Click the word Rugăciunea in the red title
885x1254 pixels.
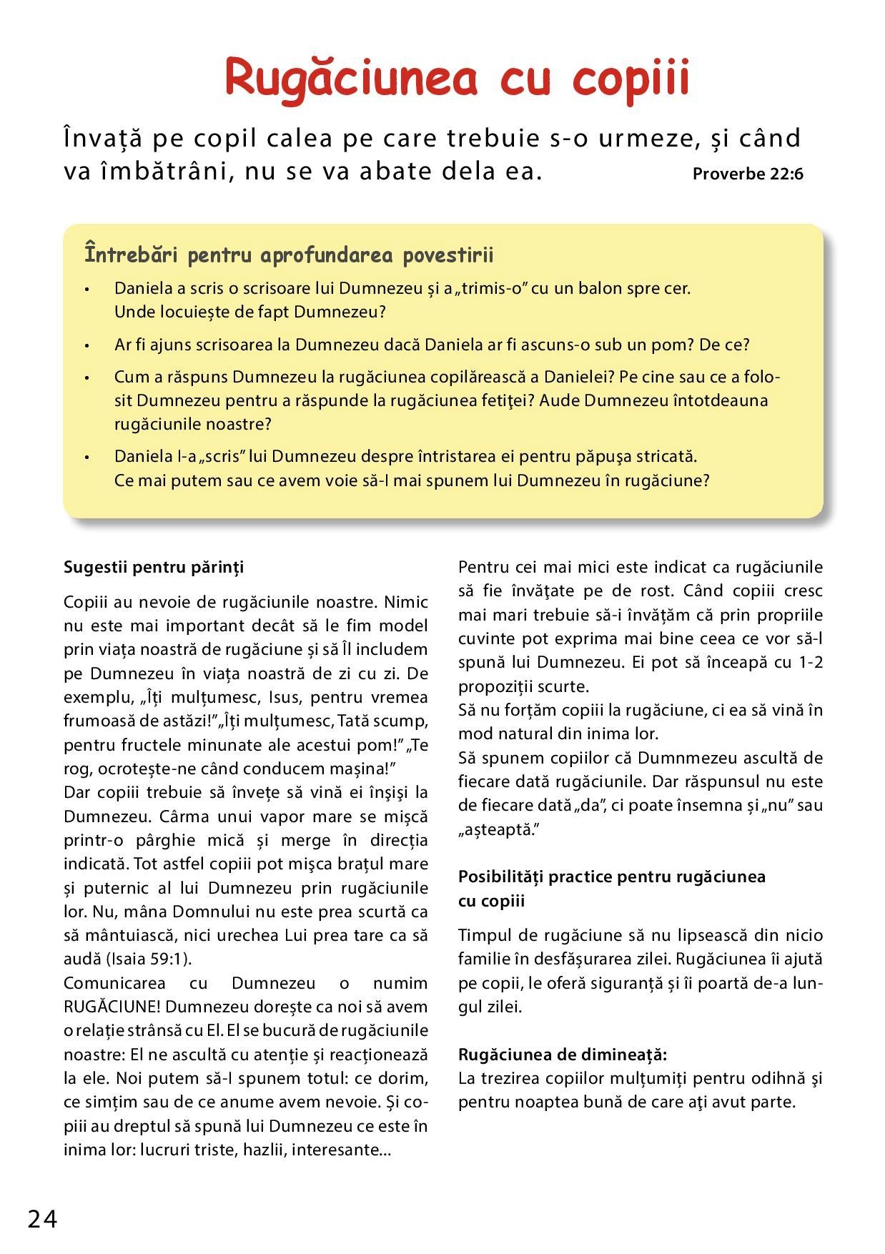[x=351, y=79]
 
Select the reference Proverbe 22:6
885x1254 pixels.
[x=748, y=174]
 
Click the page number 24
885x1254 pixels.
[x=43, y=1218]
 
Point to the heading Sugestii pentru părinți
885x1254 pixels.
[x=154, y=567]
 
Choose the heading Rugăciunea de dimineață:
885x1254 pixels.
[x=563, y=1055]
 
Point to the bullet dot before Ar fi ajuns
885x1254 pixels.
[x=86, y=345]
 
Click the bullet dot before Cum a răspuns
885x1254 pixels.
[x=86, y=377]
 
